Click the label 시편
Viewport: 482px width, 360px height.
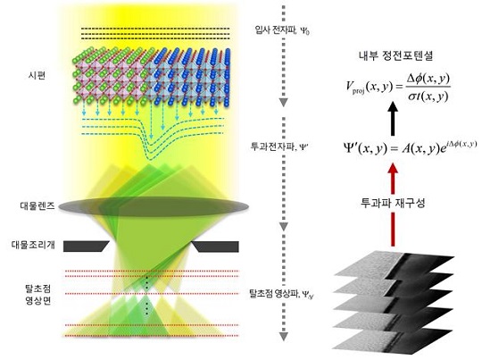(x=37, y=75)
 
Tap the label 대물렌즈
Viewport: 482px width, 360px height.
(x=37, y=205)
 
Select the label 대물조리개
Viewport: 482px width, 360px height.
(x=33, y=245)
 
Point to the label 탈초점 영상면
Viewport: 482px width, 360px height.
(x=38, y=295)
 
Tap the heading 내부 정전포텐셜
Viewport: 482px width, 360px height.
(x=396, y=55)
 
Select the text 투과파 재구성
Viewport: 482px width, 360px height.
(x=393, y=203)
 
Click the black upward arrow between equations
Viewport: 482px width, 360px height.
(x=393, y=119)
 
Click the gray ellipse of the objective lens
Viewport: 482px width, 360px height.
(x=154, y=206)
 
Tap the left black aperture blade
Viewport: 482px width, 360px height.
(x=86, y=247)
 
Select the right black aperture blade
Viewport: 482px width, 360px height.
(x=215, y=247)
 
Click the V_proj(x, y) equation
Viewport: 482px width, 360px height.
(x=398, y=88)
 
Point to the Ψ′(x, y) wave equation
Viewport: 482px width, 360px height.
(x=410, y=148)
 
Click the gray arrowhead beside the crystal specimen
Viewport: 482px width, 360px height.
(x=284, y=103)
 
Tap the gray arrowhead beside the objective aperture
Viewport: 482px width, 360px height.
(x=284, y=226)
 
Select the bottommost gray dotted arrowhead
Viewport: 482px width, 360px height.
(x=284, y=336)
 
